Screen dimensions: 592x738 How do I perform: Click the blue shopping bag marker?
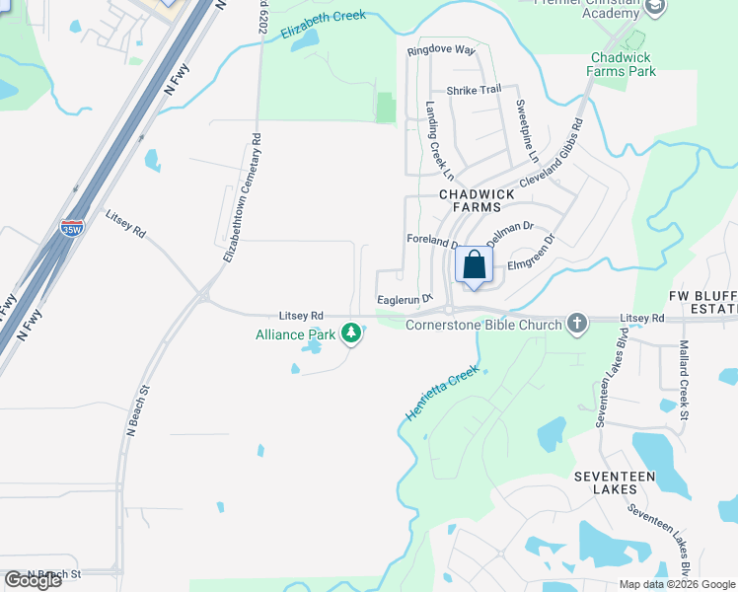[x=475, y=266]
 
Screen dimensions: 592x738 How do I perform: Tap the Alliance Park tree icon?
[x=350, y=334]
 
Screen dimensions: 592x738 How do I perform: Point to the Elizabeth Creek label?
[x=323, y=24]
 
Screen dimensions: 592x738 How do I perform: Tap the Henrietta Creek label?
[x=441, y=394]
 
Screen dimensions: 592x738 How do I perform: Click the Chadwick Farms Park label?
[x=622, y=64]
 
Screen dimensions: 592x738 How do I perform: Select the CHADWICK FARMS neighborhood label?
[x=477, y=201]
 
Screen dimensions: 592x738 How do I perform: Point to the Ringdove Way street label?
[x=441, y=49]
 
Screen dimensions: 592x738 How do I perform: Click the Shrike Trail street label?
[x=474, y=90]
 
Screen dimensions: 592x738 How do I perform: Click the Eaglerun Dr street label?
[x=406, y=298]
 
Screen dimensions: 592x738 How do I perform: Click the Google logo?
[x=33, y=580]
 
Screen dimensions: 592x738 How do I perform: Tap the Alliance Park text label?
[x=296, y=334]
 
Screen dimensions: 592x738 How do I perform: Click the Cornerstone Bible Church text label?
[x=483, y=324]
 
